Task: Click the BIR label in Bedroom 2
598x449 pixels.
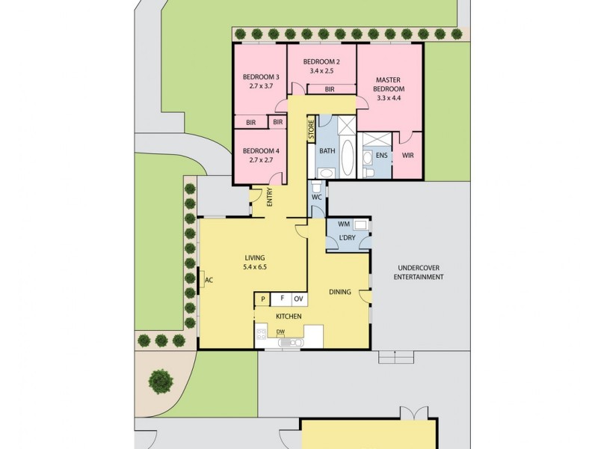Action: (x=330, y=89)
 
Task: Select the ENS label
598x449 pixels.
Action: (x=381, y=156)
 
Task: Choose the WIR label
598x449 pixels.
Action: (x=407, y=156)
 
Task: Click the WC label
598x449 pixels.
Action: (x=316, y=198)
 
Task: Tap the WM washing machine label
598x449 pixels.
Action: (x=343, y=224)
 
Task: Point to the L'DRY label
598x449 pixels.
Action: (x=347, y=238)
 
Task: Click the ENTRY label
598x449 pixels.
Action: (x=269, y=197)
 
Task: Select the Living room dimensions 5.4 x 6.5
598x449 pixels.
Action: (x=254, y=267)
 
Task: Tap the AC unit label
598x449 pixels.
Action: (x=209, y=281)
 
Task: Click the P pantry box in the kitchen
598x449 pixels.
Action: (x=262, y=299)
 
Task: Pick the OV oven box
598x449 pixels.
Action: (x=298, y=299)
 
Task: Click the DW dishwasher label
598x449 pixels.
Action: (x=280, y=332)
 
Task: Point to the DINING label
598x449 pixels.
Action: (x=340, y=292)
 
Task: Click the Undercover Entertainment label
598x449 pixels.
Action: (x=419, y=272)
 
